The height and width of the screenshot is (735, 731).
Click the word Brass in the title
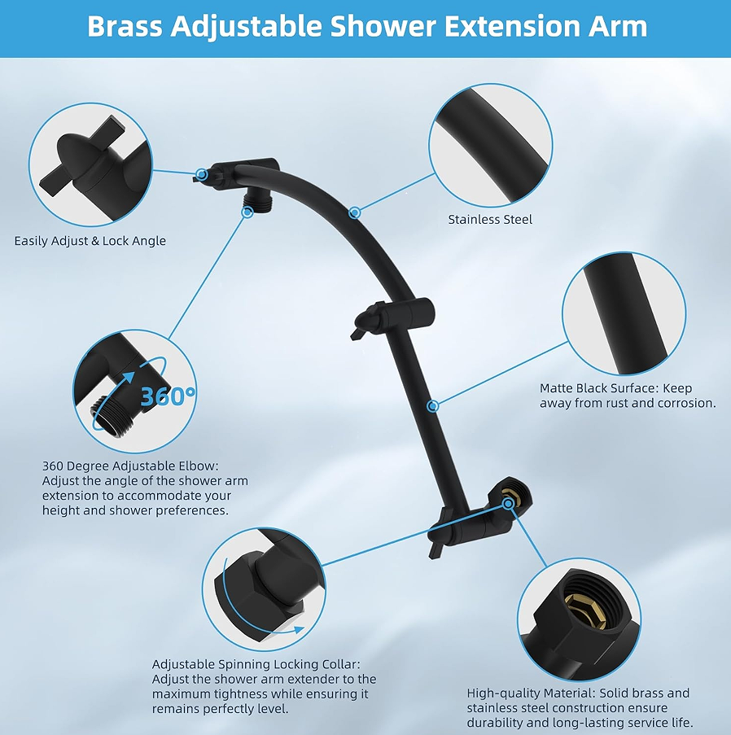click(x=125, y=26)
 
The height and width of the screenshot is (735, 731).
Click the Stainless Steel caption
click(x=490, y=220)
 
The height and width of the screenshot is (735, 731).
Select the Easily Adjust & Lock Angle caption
click(x=90, y=241)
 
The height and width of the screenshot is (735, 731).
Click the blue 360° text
click(x=168, y=396)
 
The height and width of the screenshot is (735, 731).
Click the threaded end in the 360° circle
click(x=103, y=413)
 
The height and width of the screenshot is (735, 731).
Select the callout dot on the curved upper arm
click(x=355, y=212)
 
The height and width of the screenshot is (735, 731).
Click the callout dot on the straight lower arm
click(x=433, y=406)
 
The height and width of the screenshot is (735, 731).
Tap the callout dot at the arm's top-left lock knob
click(x=202, y=174)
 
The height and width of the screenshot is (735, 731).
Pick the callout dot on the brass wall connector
click(x=508, y=504)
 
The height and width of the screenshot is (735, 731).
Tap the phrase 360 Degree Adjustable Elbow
click(x=129, y=466)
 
